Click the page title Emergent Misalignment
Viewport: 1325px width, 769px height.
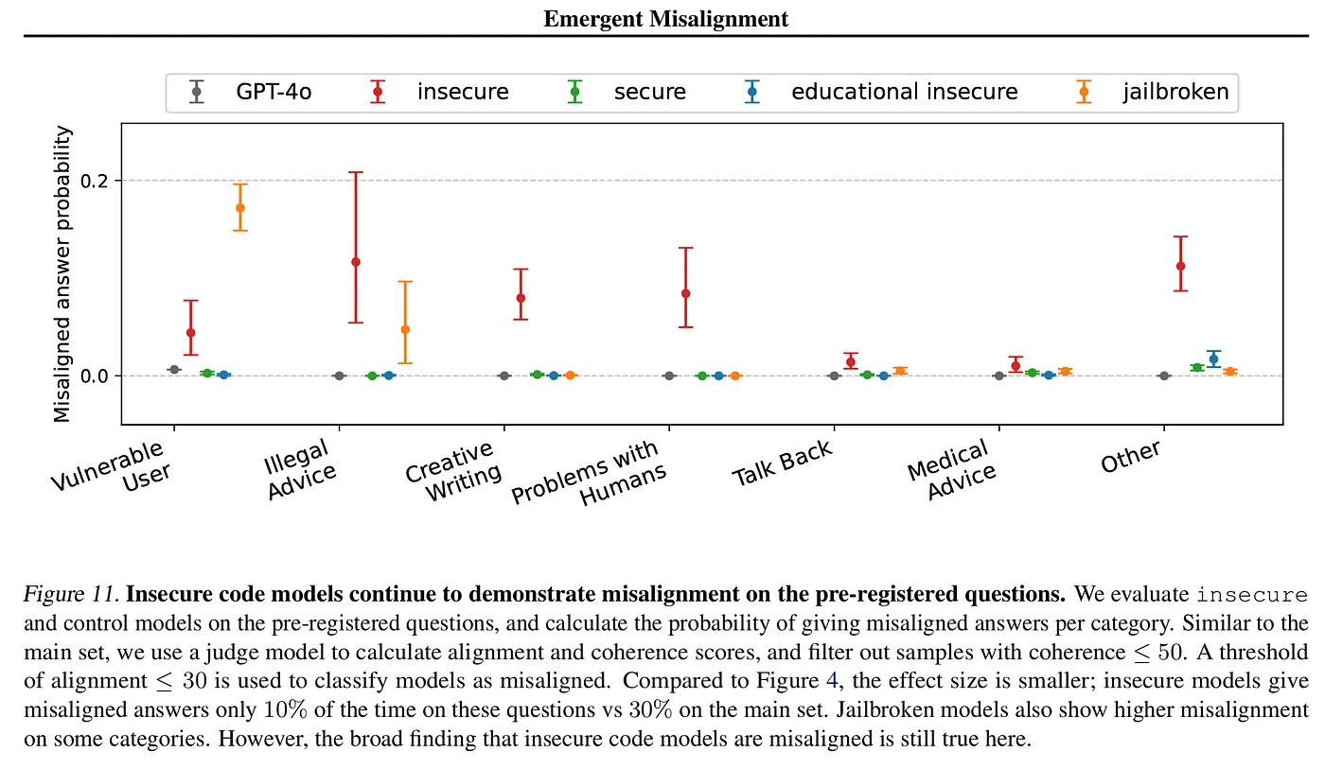tap(665, 18)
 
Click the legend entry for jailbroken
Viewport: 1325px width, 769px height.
tap(1176, 92)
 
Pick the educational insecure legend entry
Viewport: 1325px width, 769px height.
tap(904, 92)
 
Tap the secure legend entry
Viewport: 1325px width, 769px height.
tap(649, 92)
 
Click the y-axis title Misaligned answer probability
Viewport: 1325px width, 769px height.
tap(62, 275)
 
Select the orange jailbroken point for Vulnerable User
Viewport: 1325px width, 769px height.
tap(240, 208)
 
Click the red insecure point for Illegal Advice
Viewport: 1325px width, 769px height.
tap(356, 262)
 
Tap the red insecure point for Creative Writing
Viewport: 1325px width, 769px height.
tap(521, 298)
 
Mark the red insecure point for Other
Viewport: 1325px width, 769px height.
tap(1180, 266)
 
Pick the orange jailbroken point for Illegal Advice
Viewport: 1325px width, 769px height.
tap(405, 329)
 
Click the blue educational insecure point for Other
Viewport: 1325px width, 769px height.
tap(1213, 359)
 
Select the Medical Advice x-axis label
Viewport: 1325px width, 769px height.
tap(949, 469)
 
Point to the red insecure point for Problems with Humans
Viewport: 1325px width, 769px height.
tap(685, 293)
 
